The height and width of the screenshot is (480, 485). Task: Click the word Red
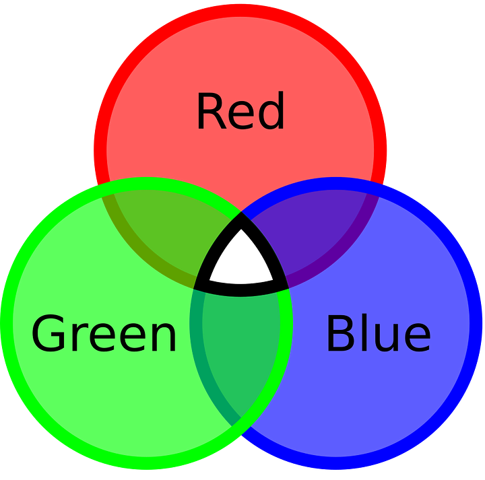(x=240, y=112)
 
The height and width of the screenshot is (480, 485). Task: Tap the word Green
(x=104, y=335)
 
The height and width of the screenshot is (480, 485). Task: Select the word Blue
(x=378, y=335)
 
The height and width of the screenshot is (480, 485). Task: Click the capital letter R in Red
(x=210, y=112)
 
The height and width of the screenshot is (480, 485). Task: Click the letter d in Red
(x=271, y=112)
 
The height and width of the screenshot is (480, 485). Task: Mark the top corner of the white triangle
(x=241, y=232)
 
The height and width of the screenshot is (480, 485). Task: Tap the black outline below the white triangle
(x=241, y=289)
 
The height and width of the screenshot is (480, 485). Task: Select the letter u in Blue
(x=387, y=339)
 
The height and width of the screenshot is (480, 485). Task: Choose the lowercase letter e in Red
(x=241, y=116)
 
